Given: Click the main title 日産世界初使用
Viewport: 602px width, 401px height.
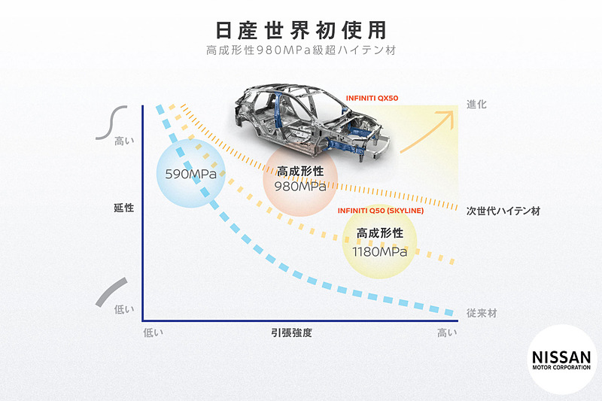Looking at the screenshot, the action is [x=300, y=30].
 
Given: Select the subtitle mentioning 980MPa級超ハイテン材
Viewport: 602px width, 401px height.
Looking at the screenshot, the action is [x=300, y=50].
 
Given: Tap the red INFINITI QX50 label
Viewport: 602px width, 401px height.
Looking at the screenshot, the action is [x=372, y=99].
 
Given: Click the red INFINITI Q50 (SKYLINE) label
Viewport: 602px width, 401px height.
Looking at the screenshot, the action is [x=381, y=211].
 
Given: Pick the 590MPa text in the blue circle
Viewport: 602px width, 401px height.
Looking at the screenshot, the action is [x=191, y=175].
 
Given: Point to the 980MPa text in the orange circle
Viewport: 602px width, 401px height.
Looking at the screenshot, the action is [x=300, y=187].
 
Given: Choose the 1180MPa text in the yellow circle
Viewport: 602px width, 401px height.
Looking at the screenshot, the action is [x=380, y=252].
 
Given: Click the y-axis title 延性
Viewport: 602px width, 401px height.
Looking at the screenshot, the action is [x=123, y=208].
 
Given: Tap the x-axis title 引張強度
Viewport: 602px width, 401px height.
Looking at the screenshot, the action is [x=291, y=333].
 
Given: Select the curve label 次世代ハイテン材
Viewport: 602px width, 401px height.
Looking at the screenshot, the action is [x=503, y=211].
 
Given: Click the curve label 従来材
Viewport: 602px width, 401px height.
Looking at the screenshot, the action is [x=482, y=313].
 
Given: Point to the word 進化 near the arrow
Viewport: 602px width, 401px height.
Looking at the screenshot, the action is [x=476, y=105].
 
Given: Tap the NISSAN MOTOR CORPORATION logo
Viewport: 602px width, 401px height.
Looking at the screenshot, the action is [x=561, y=360].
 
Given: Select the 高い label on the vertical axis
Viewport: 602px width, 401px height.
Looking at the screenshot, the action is [x=124, y=141].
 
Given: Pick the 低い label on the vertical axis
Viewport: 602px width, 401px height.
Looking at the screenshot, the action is [x=124, y=309].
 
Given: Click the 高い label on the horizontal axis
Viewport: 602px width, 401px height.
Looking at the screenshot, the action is [x=447, y=333].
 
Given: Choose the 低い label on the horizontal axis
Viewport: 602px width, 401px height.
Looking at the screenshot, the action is [x=154, y=333].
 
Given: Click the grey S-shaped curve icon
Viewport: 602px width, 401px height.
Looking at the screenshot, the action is [x=111, y=123].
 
